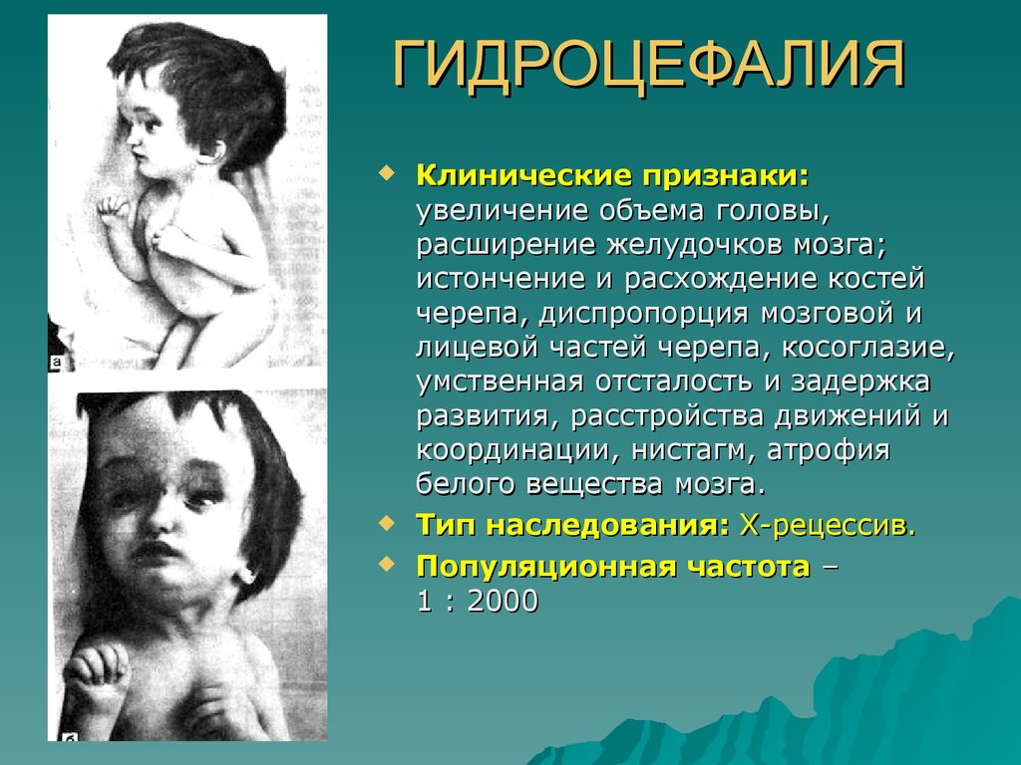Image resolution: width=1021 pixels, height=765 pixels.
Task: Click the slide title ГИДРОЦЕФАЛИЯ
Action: pyautogui.click(x=649, y=65)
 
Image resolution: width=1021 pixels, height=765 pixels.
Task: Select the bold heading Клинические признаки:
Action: pyautogui.click(x=612, y=175)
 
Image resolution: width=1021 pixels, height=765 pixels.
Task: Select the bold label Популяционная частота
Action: pyautogui.click(x=613, y=567)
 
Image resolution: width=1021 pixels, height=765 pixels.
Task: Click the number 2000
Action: pyautogui.click(x=503, y=601)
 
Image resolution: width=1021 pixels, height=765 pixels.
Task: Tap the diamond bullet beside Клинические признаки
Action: pyautogui.click(x=387, y=173)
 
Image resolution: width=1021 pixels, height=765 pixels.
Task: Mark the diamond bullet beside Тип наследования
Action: pyautogui.click(x=387, y=522)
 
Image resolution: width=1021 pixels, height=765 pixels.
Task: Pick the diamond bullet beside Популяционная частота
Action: pyautogui.click(x=387, y=564)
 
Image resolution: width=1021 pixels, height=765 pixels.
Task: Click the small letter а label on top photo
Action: pyautogui.click(x=56, y=363)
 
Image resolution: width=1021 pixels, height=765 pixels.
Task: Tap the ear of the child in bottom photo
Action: pyautogui.click(x=246, y=571)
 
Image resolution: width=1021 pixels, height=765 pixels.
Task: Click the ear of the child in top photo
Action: pyautogui.click(x=209, y=151)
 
